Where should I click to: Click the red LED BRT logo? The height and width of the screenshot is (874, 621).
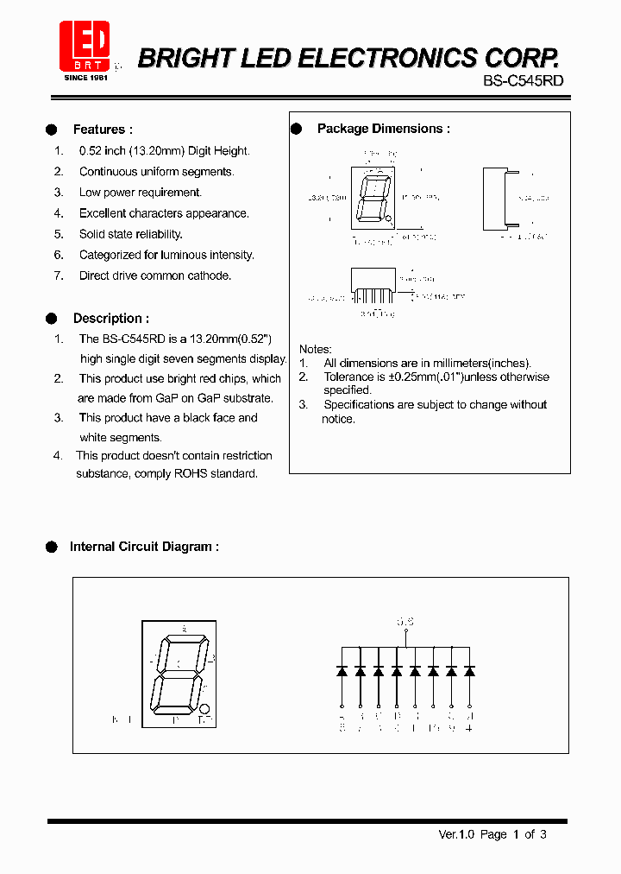point(85,46)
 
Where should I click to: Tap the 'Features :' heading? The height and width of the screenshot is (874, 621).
point(103,130)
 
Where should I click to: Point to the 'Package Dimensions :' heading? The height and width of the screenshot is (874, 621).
point(383,129)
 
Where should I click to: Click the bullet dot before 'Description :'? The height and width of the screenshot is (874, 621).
point(51,318)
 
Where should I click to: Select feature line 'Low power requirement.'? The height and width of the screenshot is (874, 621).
point(140,193)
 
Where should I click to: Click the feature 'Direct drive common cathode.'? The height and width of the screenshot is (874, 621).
point(155,275)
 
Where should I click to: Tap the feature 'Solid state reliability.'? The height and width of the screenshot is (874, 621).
point(130,234)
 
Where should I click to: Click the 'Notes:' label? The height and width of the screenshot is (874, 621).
point(315,349)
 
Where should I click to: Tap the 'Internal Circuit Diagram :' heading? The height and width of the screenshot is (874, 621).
point(144,547)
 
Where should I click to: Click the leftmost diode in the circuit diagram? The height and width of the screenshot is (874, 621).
point(342,670)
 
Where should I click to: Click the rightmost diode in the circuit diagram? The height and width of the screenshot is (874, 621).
point(469,670)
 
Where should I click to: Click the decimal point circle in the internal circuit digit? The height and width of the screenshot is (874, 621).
point(204,708)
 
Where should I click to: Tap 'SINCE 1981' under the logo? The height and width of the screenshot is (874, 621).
point(85,78)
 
